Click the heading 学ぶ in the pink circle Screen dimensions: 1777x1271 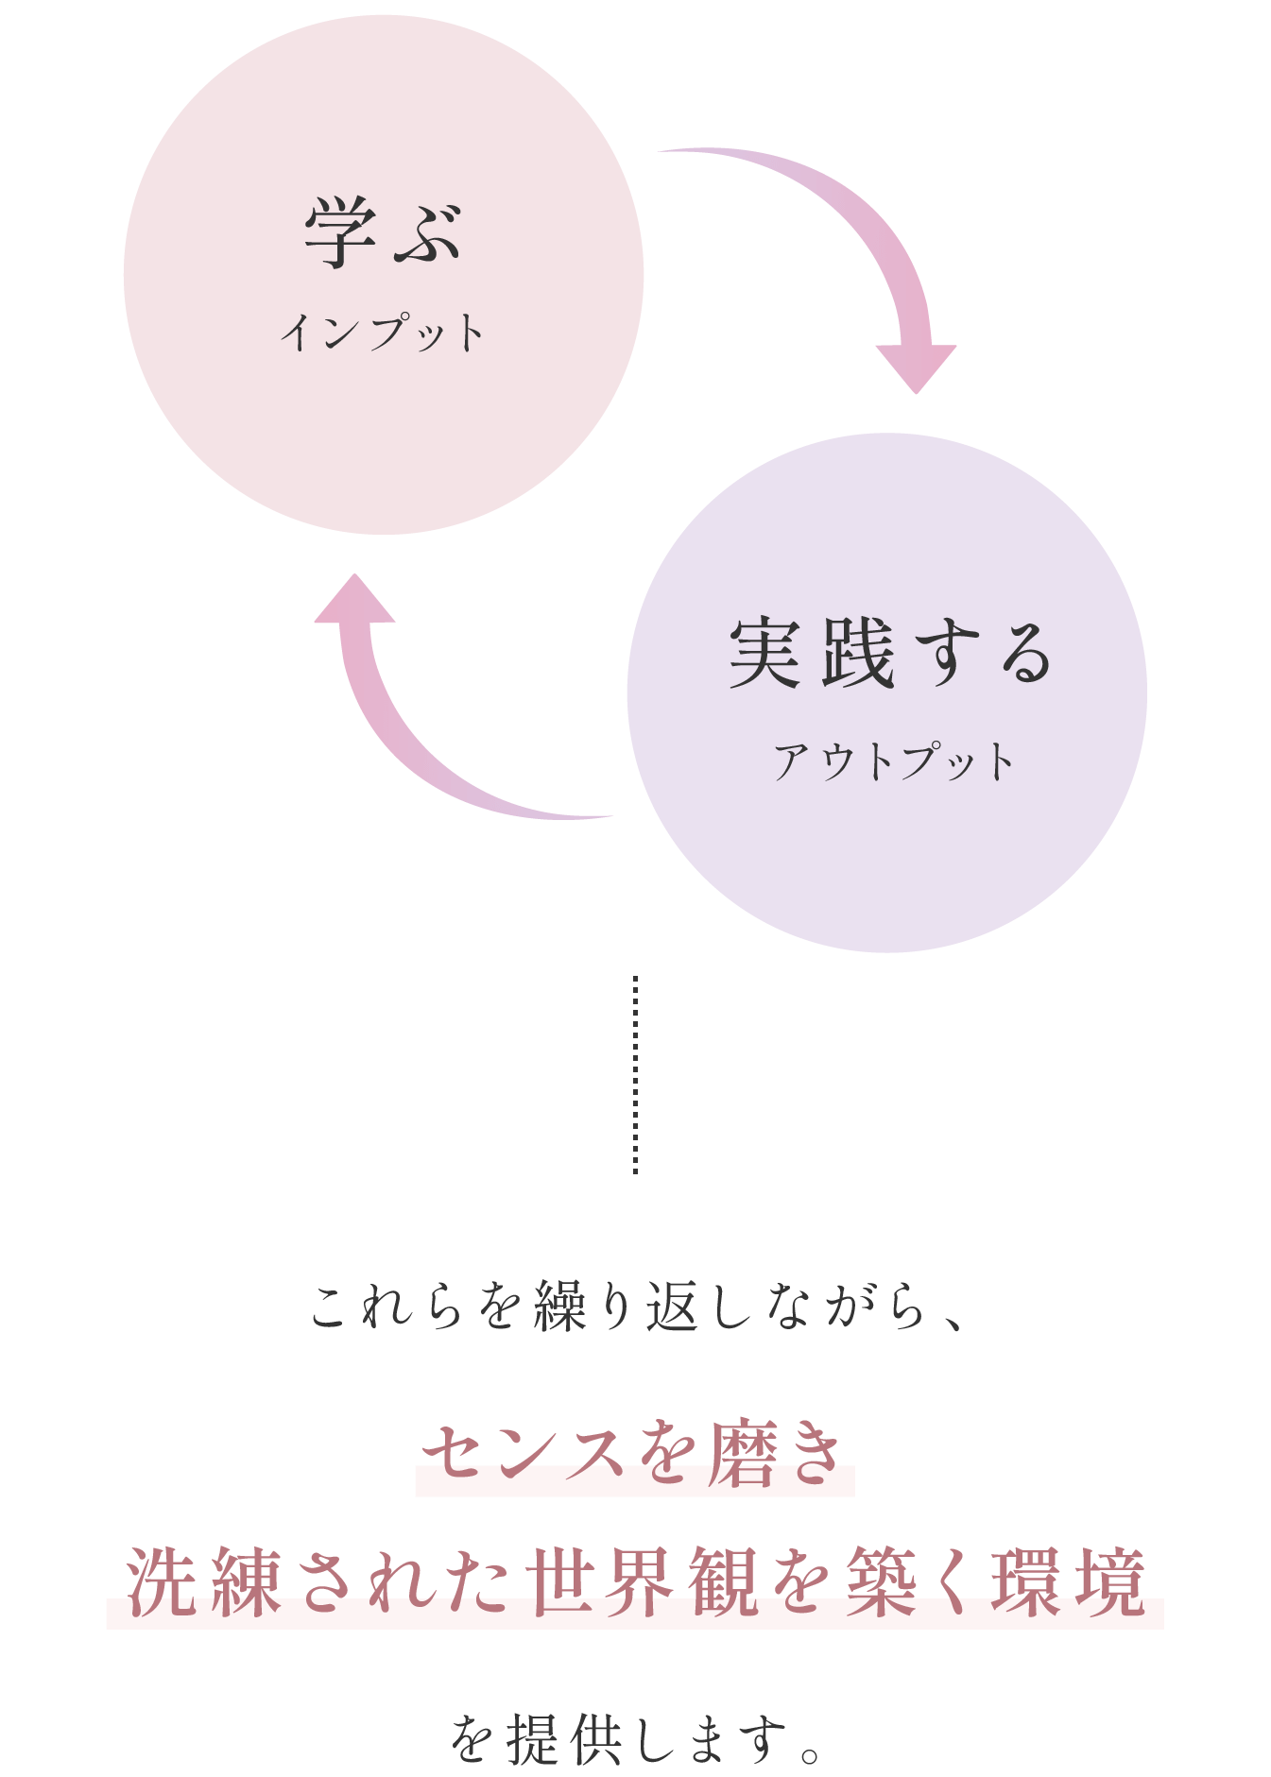point(383,233)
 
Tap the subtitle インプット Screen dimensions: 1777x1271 point(383,333)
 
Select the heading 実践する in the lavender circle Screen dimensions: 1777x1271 point(890,654)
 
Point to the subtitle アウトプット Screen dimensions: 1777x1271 point(893,761)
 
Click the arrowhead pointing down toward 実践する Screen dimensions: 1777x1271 point(916,367)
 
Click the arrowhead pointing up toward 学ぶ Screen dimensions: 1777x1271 point(354,600)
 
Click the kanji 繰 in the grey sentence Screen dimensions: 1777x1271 point(560,1307)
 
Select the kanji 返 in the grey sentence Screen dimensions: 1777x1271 point(672,1307)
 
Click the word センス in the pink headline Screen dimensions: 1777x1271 point(523,1456)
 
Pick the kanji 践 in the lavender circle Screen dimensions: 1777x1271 point(857,654)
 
